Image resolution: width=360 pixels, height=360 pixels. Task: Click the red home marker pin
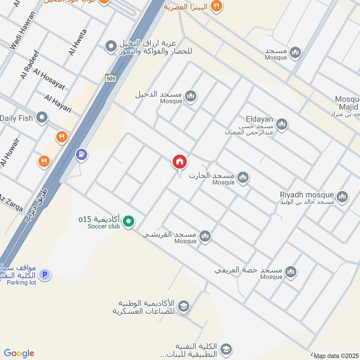180,162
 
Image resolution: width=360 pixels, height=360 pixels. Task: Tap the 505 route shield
111,78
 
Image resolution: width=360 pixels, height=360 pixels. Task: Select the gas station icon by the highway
81,154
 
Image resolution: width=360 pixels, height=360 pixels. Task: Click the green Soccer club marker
129,221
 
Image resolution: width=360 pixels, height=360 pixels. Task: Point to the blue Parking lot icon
44,274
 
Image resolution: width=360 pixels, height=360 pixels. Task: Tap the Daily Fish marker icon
42,118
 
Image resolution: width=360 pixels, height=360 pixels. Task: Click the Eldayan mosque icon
282,124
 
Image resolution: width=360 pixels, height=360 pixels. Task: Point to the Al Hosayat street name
49,80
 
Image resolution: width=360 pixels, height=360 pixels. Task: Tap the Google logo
19,353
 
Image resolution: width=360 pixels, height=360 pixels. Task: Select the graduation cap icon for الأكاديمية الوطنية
184,307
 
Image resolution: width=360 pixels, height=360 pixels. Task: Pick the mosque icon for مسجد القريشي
205,236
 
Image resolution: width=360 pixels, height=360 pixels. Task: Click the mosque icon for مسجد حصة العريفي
291,271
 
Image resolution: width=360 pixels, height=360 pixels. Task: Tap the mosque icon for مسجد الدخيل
191,96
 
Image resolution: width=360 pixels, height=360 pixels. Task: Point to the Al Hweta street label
78,43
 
